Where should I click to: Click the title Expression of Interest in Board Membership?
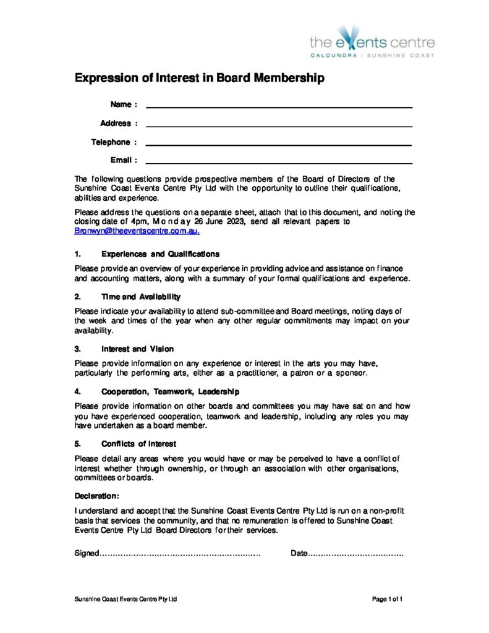point(199,79)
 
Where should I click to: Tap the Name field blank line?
point(279,107)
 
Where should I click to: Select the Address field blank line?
point(279,125)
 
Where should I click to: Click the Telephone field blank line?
point(279,145)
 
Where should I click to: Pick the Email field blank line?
point(279,163)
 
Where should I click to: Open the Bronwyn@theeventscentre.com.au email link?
point(137,231)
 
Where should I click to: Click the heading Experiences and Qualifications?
point(161,254)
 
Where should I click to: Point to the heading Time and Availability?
point(141,297)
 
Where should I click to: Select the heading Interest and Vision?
point(137,349)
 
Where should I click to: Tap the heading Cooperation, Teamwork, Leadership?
point(170,391)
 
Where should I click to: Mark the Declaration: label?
point(97,496)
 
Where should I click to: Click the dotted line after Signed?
point(180,554)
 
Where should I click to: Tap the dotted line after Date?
point(356,554)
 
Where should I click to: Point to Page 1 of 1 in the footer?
point(388,599)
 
